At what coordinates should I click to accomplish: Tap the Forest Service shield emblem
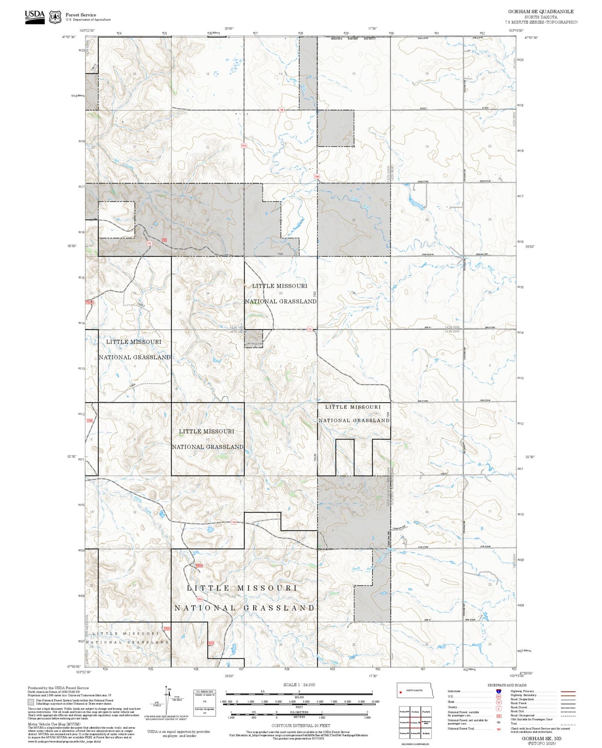(55, 17)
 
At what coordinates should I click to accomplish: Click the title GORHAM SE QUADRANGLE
(540, 12)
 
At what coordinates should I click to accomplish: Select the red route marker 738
(281, 110)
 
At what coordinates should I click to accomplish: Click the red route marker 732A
(90, 302)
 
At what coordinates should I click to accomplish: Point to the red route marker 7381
(317, 177)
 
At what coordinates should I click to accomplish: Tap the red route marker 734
(234, 522)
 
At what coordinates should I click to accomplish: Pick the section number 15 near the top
(207, 74)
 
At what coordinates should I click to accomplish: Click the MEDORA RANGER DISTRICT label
(353, 38)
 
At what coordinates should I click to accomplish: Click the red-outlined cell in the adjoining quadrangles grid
(415, 722)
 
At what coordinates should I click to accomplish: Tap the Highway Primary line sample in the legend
(568, 691)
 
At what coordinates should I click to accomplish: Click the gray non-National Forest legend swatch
(31, 702)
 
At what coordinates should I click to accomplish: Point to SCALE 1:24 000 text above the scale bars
(299, 685)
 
